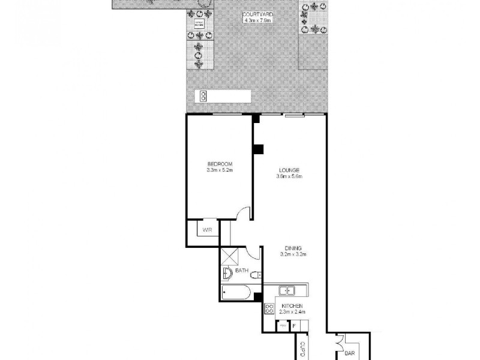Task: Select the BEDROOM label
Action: (219, 164)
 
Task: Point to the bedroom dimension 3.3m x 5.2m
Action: (219, 170)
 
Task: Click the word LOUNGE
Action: (289, 170)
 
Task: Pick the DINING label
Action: (294, 248)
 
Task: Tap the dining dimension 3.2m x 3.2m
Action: (294, 254)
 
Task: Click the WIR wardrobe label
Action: (208, 230)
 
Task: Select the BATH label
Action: (242, 271)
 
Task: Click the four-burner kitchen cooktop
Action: (268, 310)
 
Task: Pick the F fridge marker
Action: (295, 326)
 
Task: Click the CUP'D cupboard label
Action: (303, 348)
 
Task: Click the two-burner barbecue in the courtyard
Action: (204, 96)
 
